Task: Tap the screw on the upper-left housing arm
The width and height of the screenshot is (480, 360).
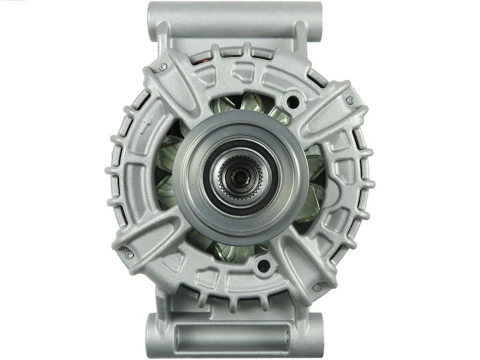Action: coord(163,67)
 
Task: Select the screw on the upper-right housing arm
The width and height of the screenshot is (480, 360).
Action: coord(350,100)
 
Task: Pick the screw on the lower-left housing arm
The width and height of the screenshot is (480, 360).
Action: coord(129,254)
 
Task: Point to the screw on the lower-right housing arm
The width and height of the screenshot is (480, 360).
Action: coord(317,287)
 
